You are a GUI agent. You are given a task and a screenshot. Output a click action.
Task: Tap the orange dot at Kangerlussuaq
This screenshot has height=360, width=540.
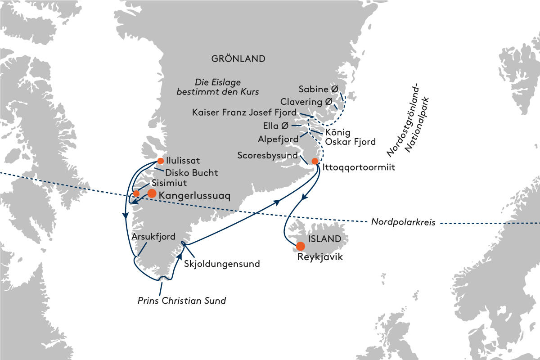[152, 193]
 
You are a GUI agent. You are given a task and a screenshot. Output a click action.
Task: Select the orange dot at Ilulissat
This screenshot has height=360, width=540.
[160, 161]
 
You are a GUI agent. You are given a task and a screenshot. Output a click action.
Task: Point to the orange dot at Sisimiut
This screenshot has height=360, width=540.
[136, 193]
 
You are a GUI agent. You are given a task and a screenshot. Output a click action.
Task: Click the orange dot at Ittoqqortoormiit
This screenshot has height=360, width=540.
[315, 161]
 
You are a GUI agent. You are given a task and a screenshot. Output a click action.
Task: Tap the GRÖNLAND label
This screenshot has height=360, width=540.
[238, 59]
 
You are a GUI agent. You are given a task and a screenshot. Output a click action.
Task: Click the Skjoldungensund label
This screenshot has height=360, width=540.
[222, 264]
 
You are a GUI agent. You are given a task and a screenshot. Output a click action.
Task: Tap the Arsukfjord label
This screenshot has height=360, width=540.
[153, 236]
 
